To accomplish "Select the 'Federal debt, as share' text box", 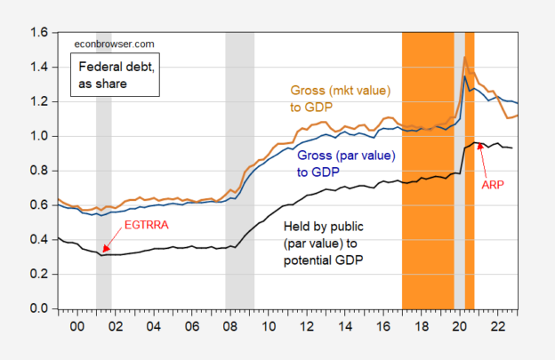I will pos(115,75).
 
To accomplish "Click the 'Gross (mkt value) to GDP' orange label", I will pos(340,99).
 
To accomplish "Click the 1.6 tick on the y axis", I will pos(40,33).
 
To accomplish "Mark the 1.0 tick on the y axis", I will pos(40,137).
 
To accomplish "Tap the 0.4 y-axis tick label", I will pos(40,240).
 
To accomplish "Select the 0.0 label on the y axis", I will pos(40,309).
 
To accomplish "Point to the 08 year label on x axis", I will pos(230,326).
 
